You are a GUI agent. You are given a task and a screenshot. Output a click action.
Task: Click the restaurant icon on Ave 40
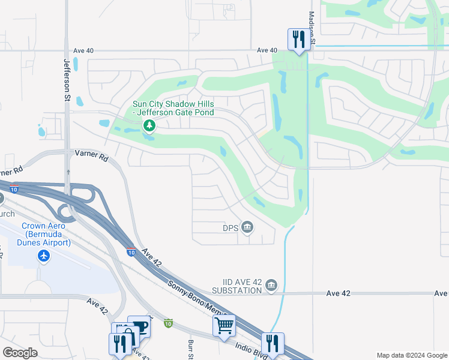pyautogui.click(x=298, y=40)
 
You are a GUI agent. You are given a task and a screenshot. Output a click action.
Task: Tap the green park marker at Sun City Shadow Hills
pyautogui.click(x=149, y=125)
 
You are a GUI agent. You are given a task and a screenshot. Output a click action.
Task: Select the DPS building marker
pyautogui.click(x=247, y=227)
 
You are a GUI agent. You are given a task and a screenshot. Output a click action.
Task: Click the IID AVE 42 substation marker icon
pyautogui.click(x=271, y=284)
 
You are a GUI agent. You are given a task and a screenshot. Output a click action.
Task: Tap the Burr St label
pyautogui.click(x=190, y=347)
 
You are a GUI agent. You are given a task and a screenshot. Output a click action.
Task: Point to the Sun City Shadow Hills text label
pyautogui.click(x=173, y=108)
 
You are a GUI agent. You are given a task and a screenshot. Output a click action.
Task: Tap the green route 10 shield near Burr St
pyautogui.click(x=169, y=323)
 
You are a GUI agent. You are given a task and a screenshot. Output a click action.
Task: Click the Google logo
pyautogui.click(x=20, y=353)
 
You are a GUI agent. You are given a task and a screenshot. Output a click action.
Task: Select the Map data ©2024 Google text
pyautogui.click(x=411, y=355)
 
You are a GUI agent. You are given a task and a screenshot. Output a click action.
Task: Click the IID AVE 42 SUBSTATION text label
pyautogui.click(x=237, y=286)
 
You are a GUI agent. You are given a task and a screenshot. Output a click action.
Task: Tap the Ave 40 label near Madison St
pyautogui.click(x=267, y=51)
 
